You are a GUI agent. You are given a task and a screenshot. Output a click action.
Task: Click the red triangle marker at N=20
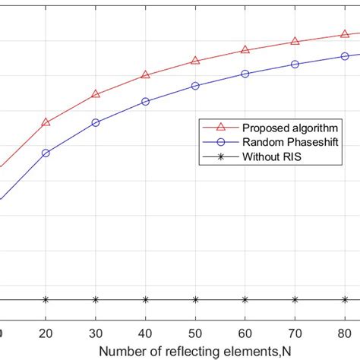click(46, 122)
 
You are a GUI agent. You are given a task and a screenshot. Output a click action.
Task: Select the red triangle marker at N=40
click(145, 75)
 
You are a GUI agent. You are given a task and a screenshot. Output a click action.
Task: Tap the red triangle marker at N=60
click(245, 49)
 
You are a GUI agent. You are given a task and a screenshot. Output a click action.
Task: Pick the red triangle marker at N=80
click(344, 33)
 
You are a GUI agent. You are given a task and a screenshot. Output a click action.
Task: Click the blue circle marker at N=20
click(46, 153)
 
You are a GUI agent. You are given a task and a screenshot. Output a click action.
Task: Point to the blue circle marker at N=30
click(96, 122)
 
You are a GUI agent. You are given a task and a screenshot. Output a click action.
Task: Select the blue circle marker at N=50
click(195, 86)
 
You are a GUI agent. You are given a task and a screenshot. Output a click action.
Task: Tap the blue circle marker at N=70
click(295, 64)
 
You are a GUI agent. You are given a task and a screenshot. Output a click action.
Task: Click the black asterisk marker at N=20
click(46, 299)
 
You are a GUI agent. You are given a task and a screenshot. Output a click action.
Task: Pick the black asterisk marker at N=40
click(145, 299)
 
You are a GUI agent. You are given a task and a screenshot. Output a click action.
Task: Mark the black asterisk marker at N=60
click(245, 299)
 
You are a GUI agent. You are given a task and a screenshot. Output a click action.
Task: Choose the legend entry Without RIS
click(274, 157)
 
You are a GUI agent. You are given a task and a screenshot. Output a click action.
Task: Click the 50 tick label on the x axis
click(195, 333)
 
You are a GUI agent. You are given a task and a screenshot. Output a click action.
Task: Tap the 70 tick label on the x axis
click(295, 333)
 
